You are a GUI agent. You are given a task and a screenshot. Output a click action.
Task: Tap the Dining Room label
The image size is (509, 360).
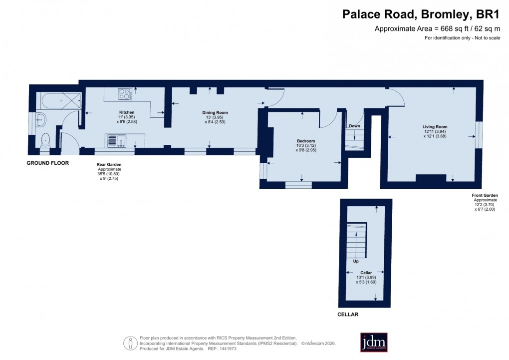coord(215,113)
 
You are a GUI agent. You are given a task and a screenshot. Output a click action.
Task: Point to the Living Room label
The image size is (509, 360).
coord(435,127)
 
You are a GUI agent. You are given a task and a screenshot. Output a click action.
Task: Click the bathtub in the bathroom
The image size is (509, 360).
coord(59,101)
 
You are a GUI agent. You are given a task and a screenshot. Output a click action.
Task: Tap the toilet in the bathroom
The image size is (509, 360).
coord(46,138)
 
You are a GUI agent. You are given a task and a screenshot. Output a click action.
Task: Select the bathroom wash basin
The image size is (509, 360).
coord(41,119)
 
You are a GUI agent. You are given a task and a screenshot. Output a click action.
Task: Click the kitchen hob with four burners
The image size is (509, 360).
coord(125,93)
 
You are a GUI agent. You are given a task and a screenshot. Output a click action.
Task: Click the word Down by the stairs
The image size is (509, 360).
coord(354,126)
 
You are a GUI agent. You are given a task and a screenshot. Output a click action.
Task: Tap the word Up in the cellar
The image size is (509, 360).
coord(356,261)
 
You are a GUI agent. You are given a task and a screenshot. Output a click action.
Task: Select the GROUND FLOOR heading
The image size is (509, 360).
coord(47,163)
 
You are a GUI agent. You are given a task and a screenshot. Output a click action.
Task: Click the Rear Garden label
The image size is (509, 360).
coord(109,164)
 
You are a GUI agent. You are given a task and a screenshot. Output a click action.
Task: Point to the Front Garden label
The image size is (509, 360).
coord(485,195)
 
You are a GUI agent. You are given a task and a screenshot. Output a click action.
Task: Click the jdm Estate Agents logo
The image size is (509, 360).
coord(374,342)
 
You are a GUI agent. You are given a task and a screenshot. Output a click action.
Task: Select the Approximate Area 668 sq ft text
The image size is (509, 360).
coord(437,29)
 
